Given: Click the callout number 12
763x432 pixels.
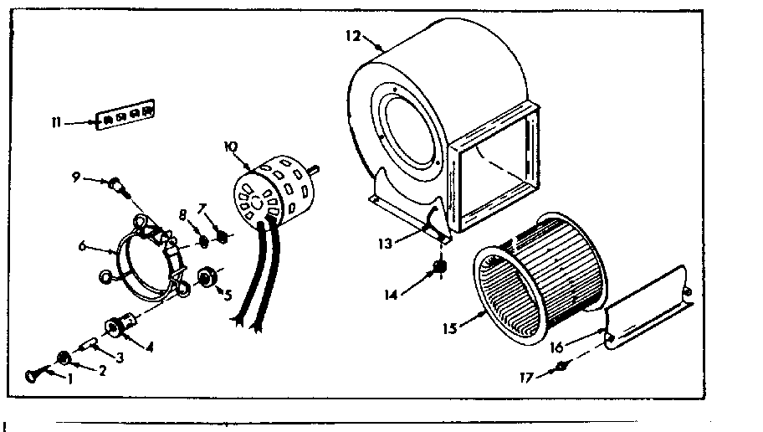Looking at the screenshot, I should tap(352, 35).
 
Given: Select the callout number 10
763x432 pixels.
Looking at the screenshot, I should tap(230, 147).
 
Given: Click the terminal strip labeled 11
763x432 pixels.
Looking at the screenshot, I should tap(125, 116).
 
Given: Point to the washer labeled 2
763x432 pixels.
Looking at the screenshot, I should tap(62, 358).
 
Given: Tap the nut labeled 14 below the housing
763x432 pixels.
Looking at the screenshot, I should tap(437, 268).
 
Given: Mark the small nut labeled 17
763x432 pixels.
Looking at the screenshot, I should tap(564, 365).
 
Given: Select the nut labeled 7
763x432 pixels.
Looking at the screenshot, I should tap(223, 233).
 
